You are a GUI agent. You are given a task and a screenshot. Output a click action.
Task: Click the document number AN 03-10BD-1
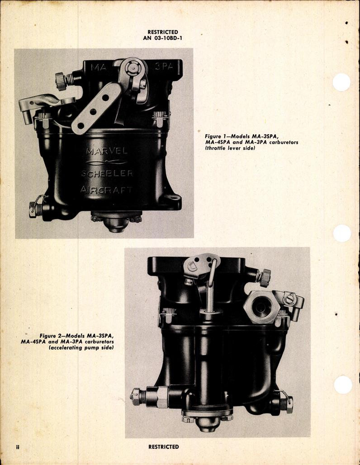[x=163, y=38]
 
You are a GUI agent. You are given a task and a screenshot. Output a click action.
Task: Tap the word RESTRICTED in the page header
[x=163, y=32]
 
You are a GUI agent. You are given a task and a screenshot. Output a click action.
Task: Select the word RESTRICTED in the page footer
[x=163, y=447]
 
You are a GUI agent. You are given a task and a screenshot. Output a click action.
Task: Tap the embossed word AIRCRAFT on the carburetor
[x=106, y=190]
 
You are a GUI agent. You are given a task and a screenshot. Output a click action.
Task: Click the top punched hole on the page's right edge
[x=341, y=82]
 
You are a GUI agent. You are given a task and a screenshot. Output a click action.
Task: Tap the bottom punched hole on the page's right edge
[x=342, y=384]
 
